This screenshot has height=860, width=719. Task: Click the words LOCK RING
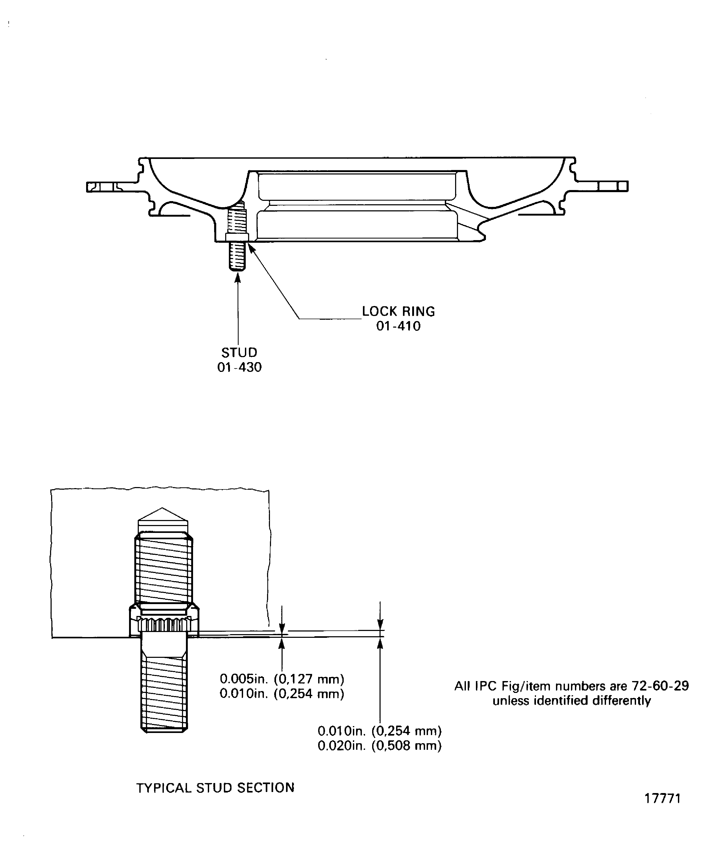coord(398,311)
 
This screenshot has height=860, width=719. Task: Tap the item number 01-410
coord(398,326)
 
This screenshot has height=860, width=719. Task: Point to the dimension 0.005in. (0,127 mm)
coord(282,679)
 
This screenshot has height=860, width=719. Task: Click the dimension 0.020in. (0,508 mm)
coord(380,745)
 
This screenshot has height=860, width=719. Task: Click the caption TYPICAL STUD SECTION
coord(215,788)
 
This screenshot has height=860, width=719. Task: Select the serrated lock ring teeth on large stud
coord(164,624)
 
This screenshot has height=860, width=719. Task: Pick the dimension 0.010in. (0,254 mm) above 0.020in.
coord(380,731)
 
